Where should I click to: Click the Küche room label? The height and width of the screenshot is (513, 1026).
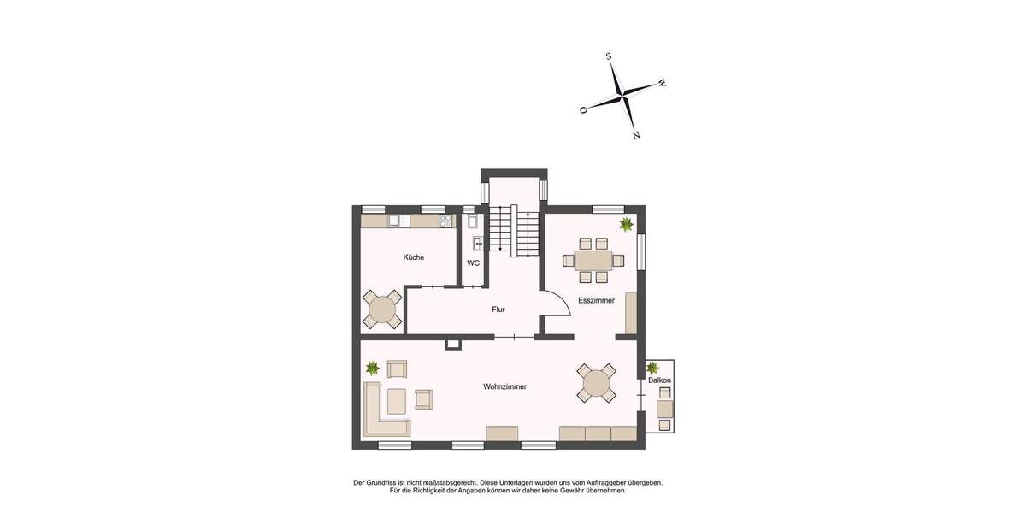pos(414,256)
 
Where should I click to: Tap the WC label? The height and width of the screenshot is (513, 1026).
pos(473,262)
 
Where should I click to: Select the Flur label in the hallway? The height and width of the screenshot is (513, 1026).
pos(498,310)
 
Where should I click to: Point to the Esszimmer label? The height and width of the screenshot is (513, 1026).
pos(596,300)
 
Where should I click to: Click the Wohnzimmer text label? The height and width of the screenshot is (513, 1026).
pos(504,386)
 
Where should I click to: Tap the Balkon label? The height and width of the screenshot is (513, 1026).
pos(659,380)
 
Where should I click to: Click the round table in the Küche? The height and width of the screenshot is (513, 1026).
pos(382,310)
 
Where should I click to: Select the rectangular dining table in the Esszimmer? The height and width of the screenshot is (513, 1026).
pos(593,260)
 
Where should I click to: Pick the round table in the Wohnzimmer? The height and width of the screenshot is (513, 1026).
pos(596,383)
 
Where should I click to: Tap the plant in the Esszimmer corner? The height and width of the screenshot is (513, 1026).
pos(626,224)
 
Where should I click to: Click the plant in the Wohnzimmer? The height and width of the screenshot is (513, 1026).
pos(373,369)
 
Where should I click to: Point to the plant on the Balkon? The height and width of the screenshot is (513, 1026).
pos(652,368)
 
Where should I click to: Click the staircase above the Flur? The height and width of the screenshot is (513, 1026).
pos(514,231)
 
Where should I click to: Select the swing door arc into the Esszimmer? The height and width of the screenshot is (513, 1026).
pos(557,303)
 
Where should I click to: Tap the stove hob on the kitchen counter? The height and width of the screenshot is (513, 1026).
pos(445,221)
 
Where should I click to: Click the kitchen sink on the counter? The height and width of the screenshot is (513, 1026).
pos(394,221)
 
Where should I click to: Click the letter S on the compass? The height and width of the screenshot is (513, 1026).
pos(609,56)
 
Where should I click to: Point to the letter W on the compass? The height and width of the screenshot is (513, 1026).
pos(662,84)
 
